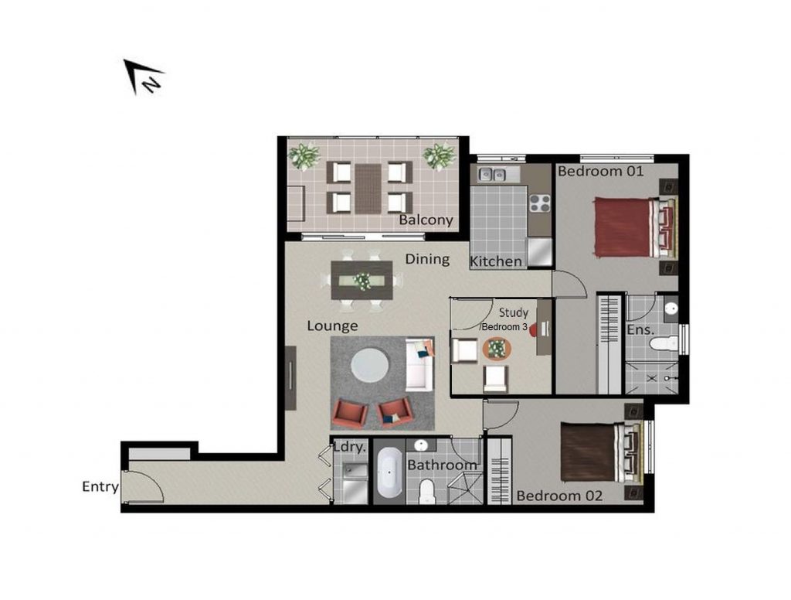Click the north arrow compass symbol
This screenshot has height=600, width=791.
pyautogui.click(x=142, y=77)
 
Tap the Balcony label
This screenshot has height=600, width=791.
pyautogui.click(x=426, y=220)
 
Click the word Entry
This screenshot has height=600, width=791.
pyautogui.click(x=100, y=487)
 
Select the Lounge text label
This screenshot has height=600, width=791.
pyautogui.click(x=332, y=326)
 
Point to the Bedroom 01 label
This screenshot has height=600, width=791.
pyautogui.click(x=601, y=171)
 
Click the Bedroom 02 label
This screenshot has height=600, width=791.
pyautogui.click(x=559, y=496)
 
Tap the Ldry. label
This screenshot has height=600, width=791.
pyautogui.click(x=350, y=447)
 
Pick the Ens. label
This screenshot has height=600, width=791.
pyautogui.click(x=640, y=330)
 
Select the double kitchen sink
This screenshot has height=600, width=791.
pyautogui.click(x=492, y=174)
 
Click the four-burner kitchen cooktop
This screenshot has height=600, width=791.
pyautogui.click(x=539, y=203)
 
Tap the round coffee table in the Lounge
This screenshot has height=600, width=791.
pyautogui.click(x=370, y=366)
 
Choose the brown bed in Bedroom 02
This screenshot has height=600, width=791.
pyautogui.click(x=603, y=452)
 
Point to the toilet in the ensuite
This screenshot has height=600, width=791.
pyautogui.click(x=664, y=344)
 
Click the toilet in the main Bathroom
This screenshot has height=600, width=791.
pyautogui.click(x=426, y=492)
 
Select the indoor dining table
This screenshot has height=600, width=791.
pyautogui.click(x=362, y=281)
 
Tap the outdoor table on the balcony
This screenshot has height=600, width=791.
pyautogui.click(x=368, y=188)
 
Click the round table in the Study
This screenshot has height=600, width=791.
pyautogui.click(x=497, y=349)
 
